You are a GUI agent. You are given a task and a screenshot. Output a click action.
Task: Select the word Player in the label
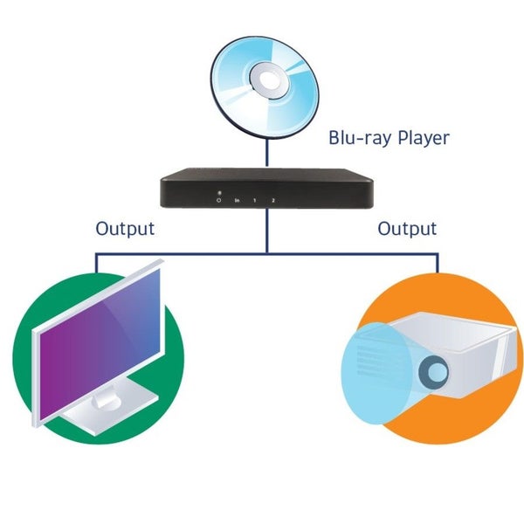pyautogui.click(x=424, y=138)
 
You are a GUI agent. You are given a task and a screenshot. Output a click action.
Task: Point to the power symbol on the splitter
pyautogui.click(x=219, y=201)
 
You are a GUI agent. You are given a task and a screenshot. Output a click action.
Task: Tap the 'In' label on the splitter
pyautogui.click(x=237, y=201)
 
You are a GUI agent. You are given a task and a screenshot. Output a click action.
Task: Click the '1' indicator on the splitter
pyautogui.click(x=254, y=201)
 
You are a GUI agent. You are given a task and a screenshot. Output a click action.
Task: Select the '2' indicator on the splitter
pyautogui.click(x=272, y=201)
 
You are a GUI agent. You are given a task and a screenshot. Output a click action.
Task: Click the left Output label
pyautogui.click(x=125, y=229)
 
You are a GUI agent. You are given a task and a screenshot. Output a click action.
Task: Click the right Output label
pyautogui.click(x=406, y=229)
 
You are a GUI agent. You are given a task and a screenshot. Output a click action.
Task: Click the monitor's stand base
pyautogui.click(x=105, y=410)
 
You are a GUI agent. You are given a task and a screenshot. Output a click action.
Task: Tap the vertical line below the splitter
pyautogui.click(x=267, y=232)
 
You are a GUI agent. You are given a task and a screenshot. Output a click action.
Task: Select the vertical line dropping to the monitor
pyautogui.click(x=96, y=267)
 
